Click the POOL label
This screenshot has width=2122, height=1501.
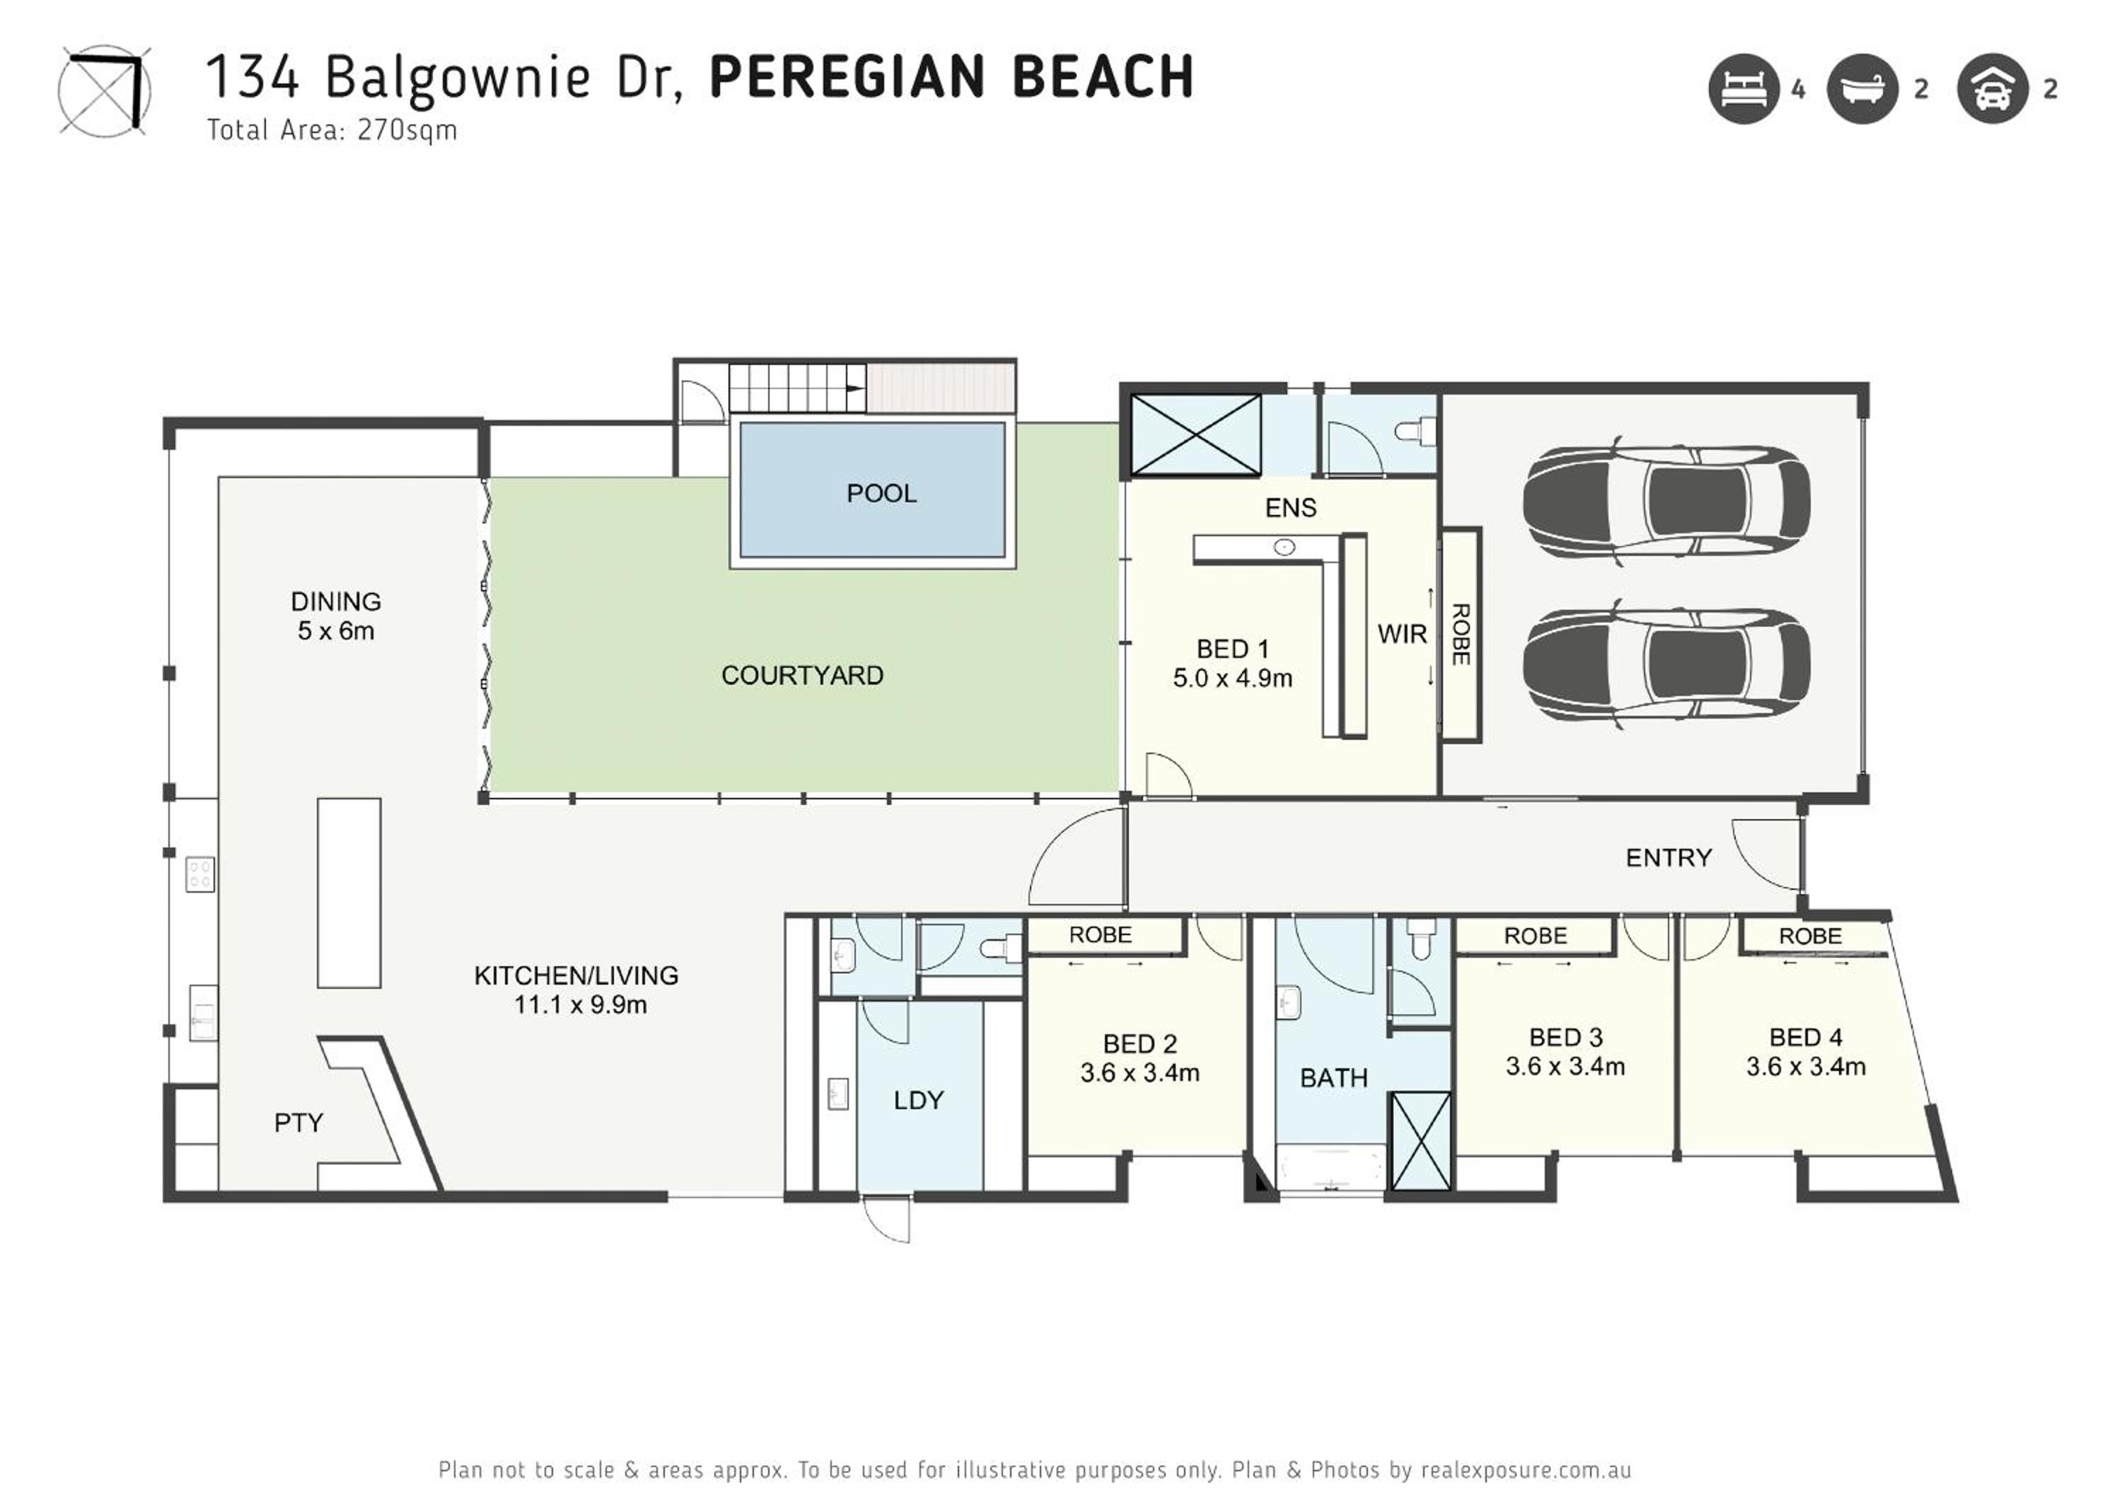point(882,494)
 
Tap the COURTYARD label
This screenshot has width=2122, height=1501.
point(802,676)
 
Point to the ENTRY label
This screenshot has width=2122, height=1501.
point(1668,858)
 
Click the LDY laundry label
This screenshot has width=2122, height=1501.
point(919,1100)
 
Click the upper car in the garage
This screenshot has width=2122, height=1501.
point(1666,502)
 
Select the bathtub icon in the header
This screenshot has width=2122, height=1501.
point(1862,88)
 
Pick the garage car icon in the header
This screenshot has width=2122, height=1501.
point(1993,88)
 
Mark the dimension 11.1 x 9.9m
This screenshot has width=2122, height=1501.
point(581,1004)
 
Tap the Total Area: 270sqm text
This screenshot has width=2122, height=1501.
point(332,130)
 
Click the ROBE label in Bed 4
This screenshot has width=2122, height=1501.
point(1809,937)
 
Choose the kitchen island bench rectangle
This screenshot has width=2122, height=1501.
point(349,893)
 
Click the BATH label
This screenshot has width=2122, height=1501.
point(1333,1078)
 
